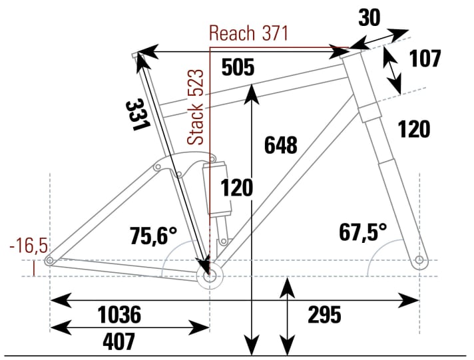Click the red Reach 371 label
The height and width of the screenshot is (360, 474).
pos(248,33)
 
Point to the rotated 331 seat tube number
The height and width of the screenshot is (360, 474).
pos(136,114)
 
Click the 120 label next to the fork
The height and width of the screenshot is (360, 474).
pos(413,128)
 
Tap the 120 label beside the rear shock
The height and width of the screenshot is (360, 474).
pos(237,188)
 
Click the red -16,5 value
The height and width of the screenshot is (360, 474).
pos(29,247)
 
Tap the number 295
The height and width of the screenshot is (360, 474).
pos(326,314)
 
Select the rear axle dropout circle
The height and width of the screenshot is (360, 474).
pos(49,262)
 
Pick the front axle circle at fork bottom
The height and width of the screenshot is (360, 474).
pos(419,260)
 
